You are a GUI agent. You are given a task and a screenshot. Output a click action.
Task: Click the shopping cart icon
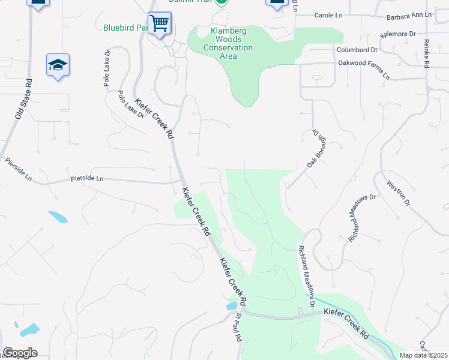pyautogui.click(x=160, y=24)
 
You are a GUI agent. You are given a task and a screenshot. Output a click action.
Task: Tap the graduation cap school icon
pyautogui.click(x=58, y=64)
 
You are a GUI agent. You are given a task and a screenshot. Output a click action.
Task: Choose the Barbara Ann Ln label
pyautogui.click(x=409, y=14)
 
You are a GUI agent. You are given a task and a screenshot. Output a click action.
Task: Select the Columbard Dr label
pyautogui.click(x=357, y=50)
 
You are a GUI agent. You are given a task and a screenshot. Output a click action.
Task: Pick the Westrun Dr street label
pyautogui.click(x=398, y=193)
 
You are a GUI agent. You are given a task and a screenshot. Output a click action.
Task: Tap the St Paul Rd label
pyautogui.click(x=239, y=327)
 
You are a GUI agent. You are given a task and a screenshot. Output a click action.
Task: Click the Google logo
pyautogui.click(x=20, y=353)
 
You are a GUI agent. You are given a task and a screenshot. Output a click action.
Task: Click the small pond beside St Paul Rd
pyautogui.click(x=231, y=306)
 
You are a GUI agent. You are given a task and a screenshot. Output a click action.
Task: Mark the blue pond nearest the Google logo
pyautogui.click(x=29, y=329)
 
